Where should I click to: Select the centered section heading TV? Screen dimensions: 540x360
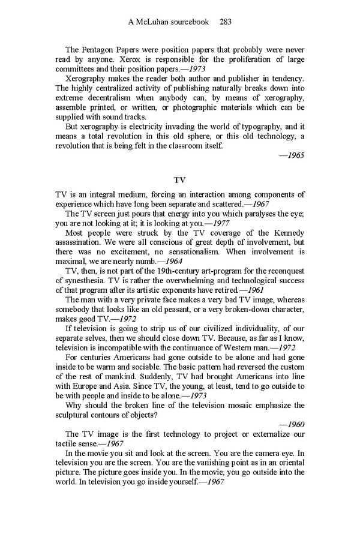[x=179, y=179]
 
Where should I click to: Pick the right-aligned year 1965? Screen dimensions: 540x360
[x=292, y=155]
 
